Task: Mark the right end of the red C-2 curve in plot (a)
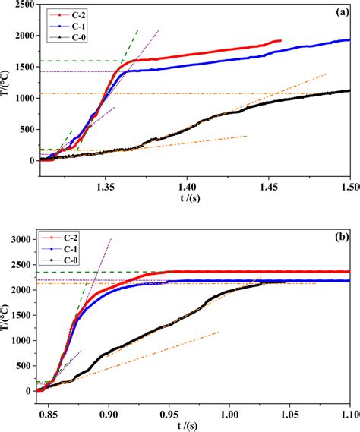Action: [280, 41]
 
